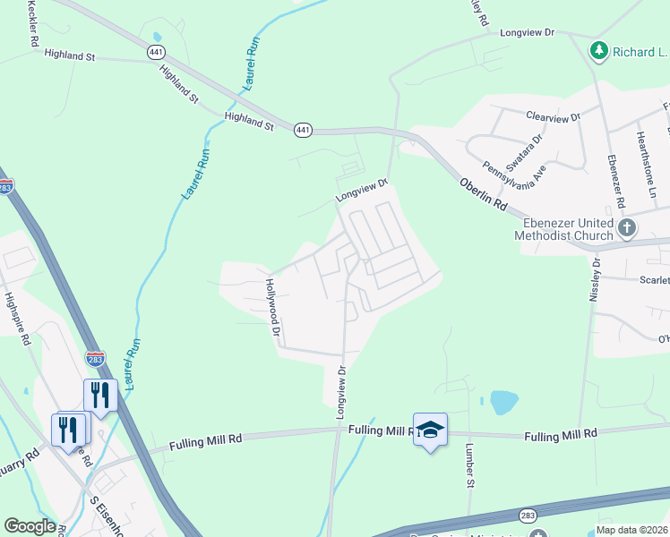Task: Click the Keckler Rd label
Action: (33, 24)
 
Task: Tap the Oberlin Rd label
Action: (484, 192)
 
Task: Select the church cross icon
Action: (627, 228)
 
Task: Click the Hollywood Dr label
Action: (272, 306)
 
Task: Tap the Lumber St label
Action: (469, 466)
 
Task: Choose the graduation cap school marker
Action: (430, 430)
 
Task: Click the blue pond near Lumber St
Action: (504, 403)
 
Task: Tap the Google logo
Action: (30, 526)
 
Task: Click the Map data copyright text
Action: (632, 529)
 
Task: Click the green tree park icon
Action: (598, 51)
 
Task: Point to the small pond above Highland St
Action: (159, 37)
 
